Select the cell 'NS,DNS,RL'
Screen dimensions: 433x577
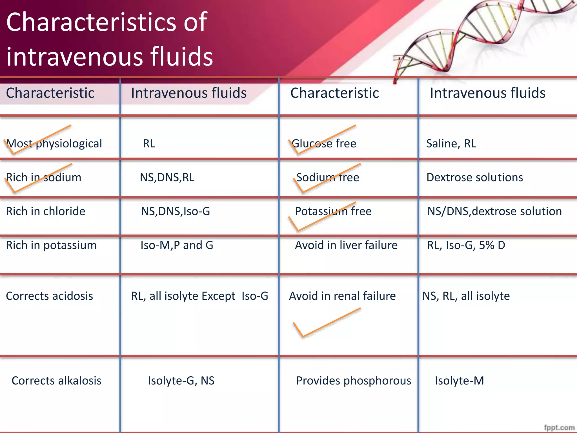coord(167,178)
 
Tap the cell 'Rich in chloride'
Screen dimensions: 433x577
coord(46,211)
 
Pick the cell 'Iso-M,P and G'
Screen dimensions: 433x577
coord(177,245)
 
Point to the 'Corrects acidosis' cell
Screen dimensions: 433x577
coord(49,296)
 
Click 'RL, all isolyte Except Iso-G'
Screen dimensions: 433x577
coord(199,296)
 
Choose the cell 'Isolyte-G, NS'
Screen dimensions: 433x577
coord(181,381)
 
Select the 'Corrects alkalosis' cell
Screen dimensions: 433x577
coord(56,381)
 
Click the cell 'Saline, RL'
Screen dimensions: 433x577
coord(451,144)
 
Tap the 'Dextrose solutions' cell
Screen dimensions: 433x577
coord(475,178)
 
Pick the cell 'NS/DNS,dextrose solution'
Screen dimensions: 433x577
coord(494,211)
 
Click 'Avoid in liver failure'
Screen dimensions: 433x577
coord(346,245)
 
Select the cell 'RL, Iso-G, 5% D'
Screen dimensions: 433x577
coord(466,245)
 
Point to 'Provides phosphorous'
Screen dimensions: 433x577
coord(353,381)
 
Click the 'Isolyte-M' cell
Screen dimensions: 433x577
coord(459,381)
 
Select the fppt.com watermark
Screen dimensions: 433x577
coord(559,427)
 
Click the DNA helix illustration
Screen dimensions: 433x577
coord(479,37)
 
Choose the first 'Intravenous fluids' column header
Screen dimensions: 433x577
coord(189,93)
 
